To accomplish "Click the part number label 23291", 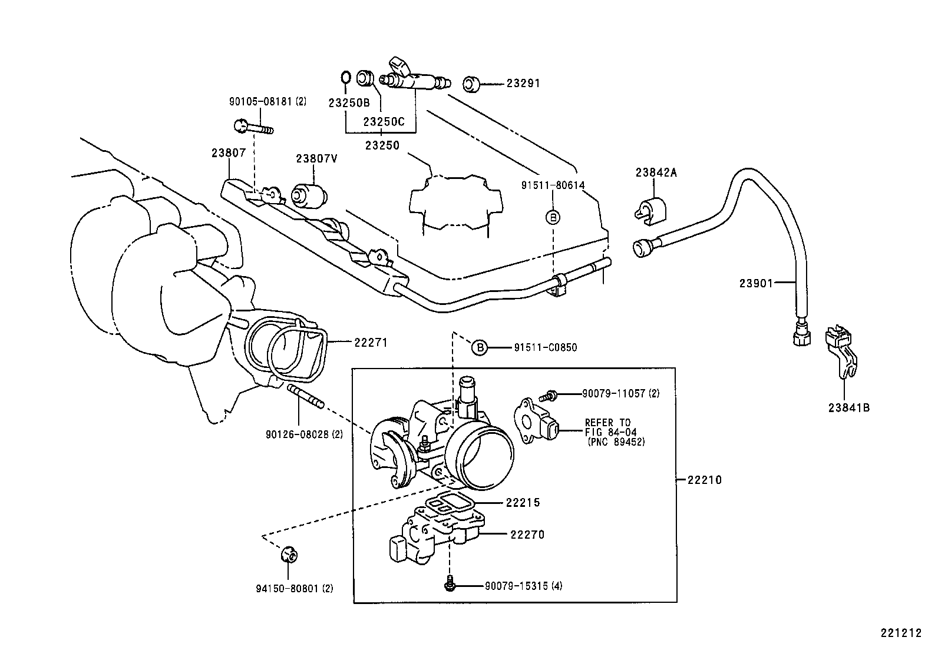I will click(x=523, y=84).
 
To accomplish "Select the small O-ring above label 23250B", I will click(x=346, y=77).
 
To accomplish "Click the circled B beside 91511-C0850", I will click(x=480, y=348).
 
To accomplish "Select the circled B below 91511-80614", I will click(x=553, y=217).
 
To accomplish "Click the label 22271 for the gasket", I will click(x=371, y=342).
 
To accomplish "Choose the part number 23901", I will click(x=756, y=283).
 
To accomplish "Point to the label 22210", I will click(x=704, y=480).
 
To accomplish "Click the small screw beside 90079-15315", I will click(x=450, y=586).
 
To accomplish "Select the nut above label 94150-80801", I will click(x=288, y=554).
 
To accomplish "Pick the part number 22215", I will click(x=523, y=503).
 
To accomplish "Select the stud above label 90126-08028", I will click(x=305, y=396).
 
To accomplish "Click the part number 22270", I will click(x=527, y=535).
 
